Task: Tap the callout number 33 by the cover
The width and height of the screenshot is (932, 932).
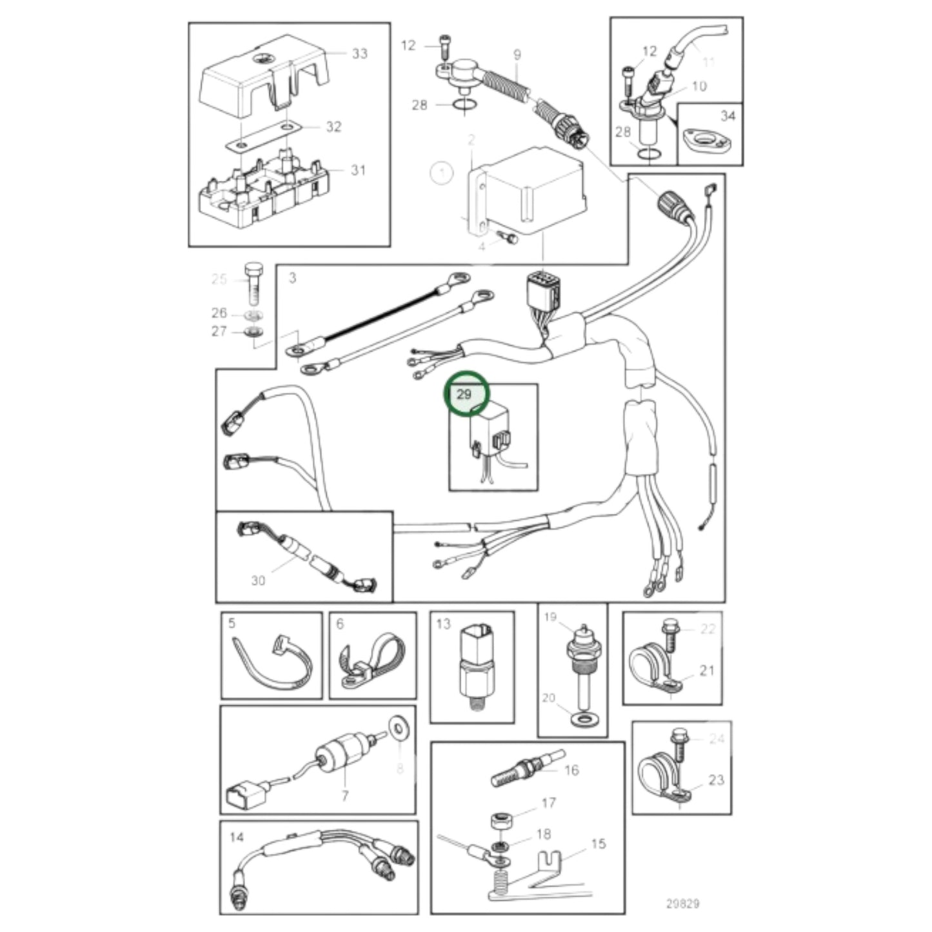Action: pyautogui.click(x=359, y=54)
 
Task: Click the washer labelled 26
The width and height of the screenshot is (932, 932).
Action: pyautogui.click(x=255, y=315)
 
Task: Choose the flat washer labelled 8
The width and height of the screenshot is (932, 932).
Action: pyautogui.click(x=397, y=728)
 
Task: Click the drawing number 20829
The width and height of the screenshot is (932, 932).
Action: pyautogui.click(x=682, y=904)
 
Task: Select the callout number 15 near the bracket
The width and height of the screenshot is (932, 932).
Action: pyautogui.click(x=598, y=844)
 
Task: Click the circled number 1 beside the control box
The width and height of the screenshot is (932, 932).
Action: pyautogui.click(x=441, y=173)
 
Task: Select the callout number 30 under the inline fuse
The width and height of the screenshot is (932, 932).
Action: pyautogui.click(x=258, y=580)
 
